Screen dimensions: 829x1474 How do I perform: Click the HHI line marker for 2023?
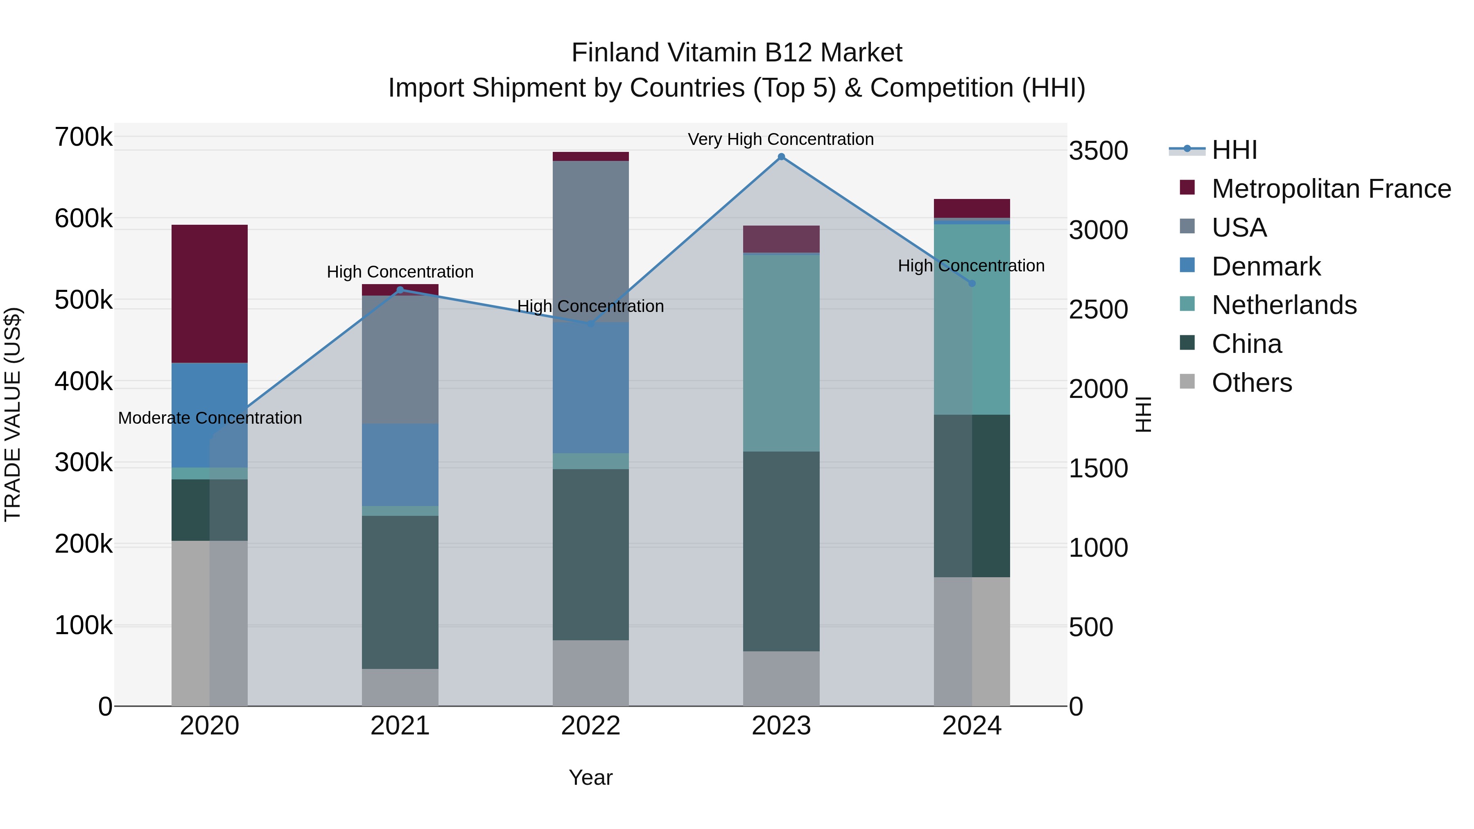[781, 157]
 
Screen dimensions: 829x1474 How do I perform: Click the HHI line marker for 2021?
[400, 290]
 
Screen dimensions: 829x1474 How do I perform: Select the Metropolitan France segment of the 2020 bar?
[209, 294]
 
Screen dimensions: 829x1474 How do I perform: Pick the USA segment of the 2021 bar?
[400, 359]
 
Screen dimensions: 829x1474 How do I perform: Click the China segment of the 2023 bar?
[781, 551]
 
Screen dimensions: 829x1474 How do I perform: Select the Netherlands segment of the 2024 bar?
[972, 319]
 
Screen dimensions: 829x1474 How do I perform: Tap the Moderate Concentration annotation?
[209, 418]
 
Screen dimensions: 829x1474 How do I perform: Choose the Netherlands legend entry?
[1284, 305]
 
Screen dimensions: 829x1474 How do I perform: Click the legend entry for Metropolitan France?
[1331, 189]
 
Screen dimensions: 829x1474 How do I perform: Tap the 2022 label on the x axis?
[590, 726]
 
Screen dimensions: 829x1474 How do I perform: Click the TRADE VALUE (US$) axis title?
[13, 414]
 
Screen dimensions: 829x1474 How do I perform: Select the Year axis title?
[590, 777]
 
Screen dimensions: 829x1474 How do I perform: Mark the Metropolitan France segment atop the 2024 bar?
[972, 208]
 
